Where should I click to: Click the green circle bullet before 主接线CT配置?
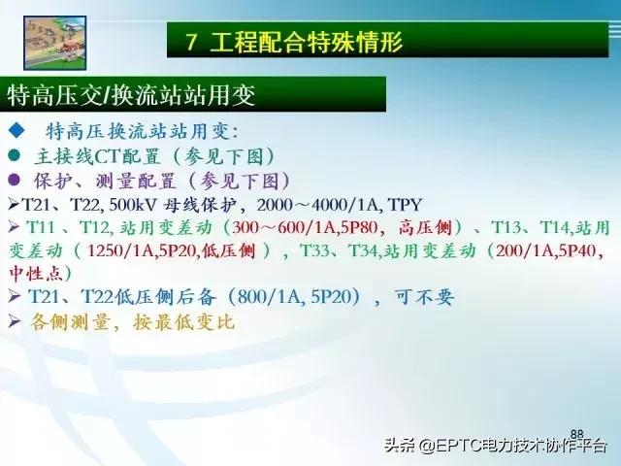click(x=15, y=155)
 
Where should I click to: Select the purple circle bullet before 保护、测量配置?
click(x=15, y=180)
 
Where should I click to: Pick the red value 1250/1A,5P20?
click(x=146, y=251)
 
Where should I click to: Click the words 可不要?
click(x=425, y=297)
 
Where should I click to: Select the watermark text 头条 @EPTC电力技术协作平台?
click(x=495, y=446)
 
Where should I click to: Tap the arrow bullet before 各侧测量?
click(x=15, y=320)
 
